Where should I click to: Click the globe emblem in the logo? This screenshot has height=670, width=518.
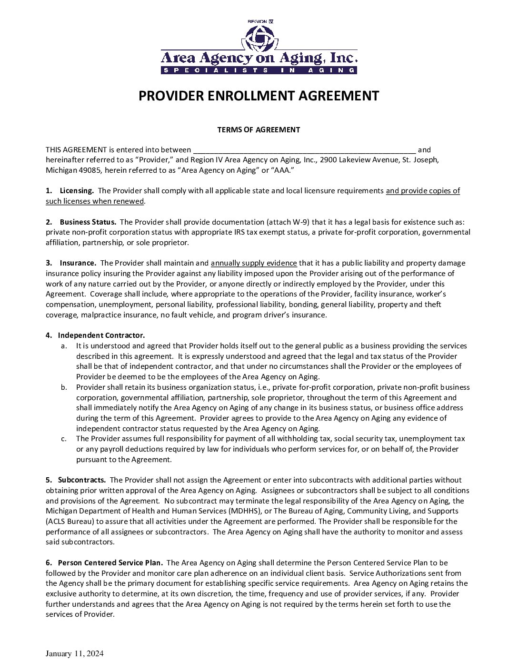[259, 37]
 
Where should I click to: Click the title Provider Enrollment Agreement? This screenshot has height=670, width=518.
[259, 96]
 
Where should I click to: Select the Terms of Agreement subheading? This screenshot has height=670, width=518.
[259, 129]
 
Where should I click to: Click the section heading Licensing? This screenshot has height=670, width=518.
[77, 191]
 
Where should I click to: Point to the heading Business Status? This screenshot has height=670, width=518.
[88, 222]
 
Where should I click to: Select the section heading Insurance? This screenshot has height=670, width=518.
[78, 263]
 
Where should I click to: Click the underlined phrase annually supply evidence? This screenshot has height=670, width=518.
[254, 263]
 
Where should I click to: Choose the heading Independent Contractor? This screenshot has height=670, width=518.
[101, 335]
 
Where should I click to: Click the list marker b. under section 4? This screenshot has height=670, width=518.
[64, 387]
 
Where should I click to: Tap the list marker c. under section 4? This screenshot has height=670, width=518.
[64, 439]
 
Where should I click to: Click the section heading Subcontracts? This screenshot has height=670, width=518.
[81, 480]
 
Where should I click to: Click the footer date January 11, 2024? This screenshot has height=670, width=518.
[74, 653]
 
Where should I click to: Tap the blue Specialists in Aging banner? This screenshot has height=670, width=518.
[259, 70]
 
